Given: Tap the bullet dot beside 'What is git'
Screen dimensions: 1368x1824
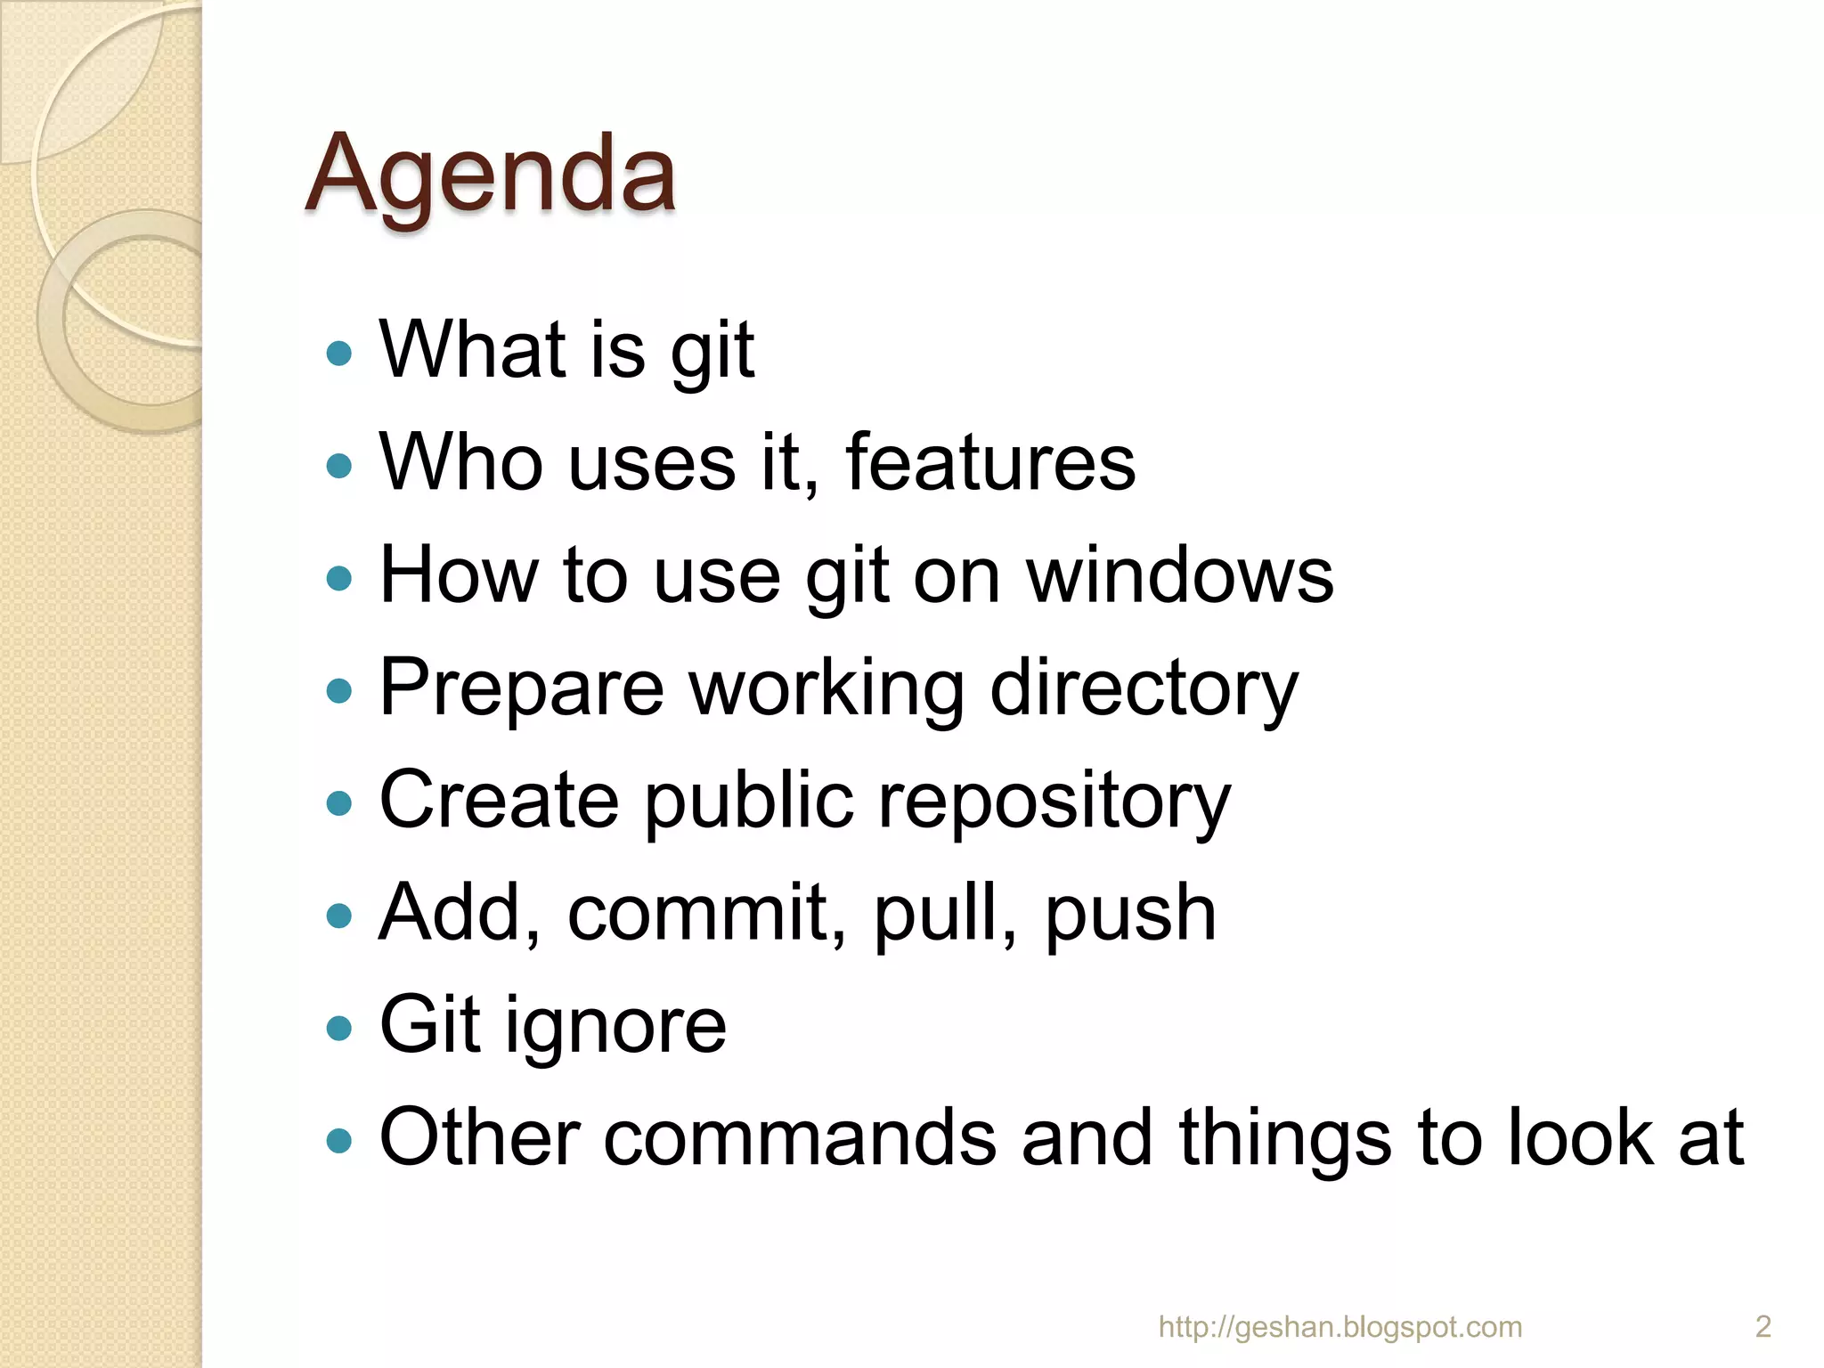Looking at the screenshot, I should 339,354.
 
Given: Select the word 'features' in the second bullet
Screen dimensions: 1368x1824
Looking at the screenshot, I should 990,462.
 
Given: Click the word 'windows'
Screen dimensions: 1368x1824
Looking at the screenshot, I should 1180,575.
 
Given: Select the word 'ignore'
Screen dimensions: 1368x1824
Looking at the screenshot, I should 616,1027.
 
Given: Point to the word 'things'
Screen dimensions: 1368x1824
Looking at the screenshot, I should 1284,1140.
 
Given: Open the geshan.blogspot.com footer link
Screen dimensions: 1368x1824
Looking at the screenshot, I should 1339,1327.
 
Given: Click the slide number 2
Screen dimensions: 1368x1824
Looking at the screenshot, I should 1763,1327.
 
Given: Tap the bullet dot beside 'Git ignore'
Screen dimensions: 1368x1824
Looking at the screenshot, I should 339,1029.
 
